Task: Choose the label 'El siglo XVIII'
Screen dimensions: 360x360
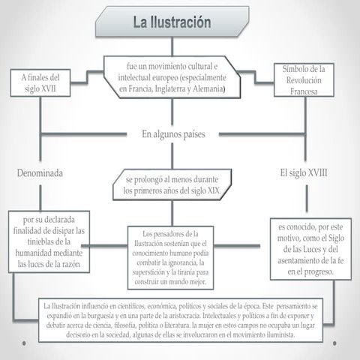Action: (x=307, y=173)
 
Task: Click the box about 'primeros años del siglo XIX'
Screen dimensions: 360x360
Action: (x=173, y=186)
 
